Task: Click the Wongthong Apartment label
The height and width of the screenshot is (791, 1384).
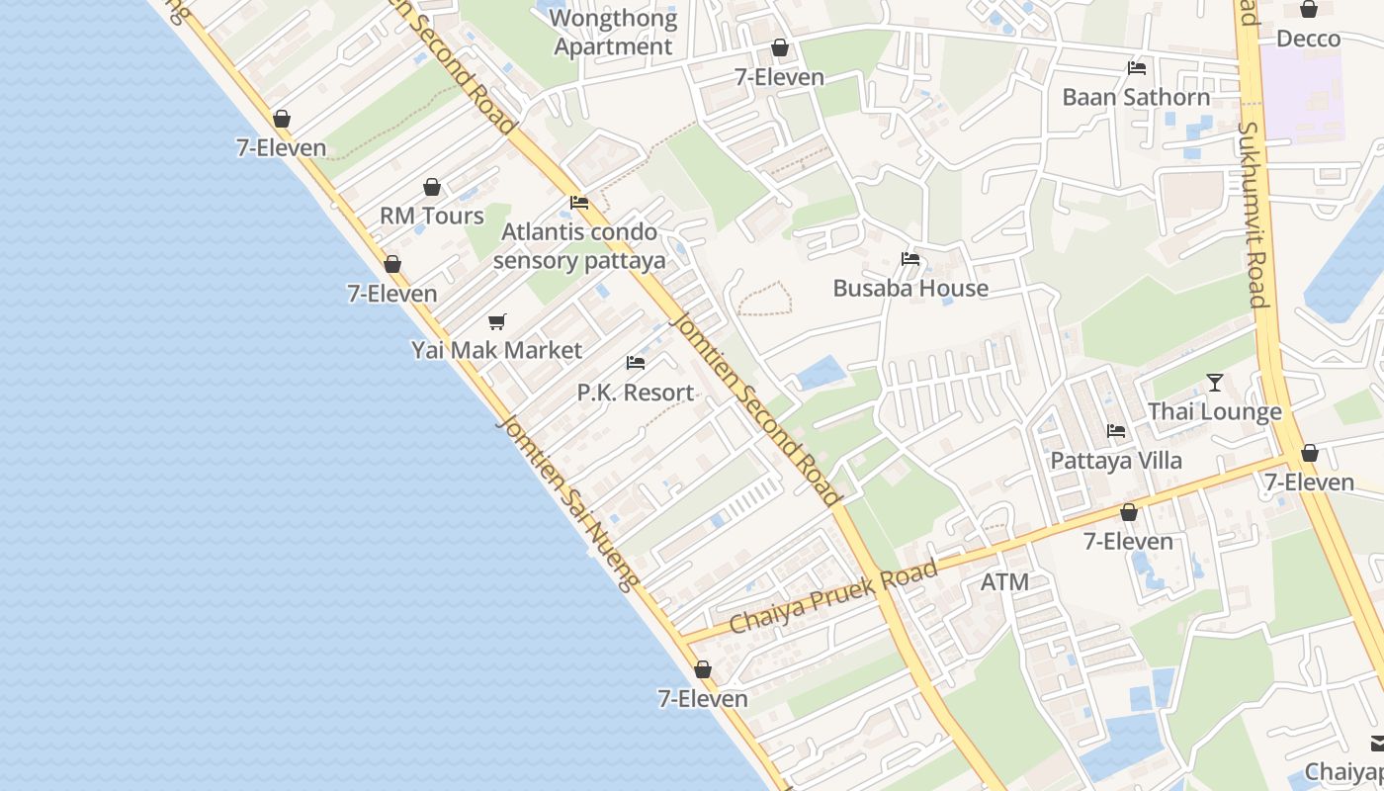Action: [613, 32]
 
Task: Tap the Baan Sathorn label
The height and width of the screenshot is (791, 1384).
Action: [1136, 97]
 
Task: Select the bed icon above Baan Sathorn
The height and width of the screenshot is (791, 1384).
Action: [1137, 68]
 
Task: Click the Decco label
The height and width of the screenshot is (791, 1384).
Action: [1308, 39]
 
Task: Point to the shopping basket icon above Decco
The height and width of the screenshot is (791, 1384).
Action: [1309, 10]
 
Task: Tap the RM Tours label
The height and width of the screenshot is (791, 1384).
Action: [432, 216]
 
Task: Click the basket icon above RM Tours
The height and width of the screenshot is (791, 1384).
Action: [432, 187]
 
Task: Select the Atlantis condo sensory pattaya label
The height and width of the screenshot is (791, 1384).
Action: [579, 246]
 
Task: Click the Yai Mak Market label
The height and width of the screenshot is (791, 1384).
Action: [496, 350]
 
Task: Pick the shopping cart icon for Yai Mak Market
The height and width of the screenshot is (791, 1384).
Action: [497, 321]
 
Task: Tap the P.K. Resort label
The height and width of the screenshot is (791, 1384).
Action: [636, 393]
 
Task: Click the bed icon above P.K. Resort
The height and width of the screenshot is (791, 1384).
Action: [636, 363]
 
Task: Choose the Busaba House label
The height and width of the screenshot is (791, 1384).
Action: [910, 288]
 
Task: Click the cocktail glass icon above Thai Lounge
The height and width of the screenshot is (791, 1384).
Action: [1215, 383]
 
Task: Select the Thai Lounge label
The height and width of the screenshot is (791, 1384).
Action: [1214, 411]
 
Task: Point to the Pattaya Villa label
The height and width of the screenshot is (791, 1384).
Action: [1116, 461]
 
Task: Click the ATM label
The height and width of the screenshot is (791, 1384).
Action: [1004, 582]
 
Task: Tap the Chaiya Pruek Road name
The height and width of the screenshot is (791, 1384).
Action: [833, 598]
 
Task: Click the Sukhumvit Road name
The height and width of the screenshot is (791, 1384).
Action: [1253, 215]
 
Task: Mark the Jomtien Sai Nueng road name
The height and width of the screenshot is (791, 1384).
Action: [566, 502]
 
